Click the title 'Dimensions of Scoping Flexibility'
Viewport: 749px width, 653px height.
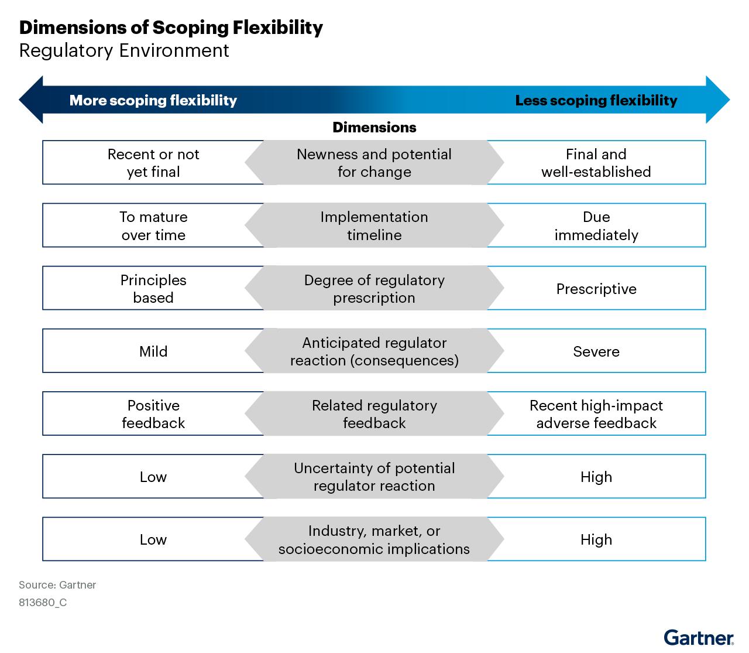point(171,28)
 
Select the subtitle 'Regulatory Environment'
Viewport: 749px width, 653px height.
point(124,51)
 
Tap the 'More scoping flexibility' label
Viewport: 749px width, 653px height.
point(153,101)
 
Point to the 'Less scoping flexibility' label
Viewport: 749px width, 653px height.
point(596,101)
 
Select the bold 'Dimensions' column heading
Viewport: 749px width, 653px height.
point(374,128)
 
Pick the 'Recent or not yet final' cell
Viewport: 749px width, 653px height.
point(153,163)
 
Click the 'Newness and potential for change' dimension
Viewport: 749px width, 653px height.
point(374,163)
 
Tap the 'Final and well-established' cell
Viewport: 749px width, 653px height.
point(596,163)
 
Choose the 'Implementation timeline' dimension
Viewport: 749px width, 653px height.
point(374,225)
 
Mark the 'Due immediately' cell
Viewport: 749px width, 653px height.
point(596,225)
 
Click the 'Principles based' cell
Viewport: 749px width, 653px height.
point(153,288)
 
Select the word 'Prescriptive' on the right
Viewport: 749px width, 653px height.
point(596,289)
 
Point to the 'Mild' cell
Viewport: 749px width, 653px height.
point(153,351)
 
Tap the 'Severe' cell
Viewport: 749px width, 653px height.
point(596,351)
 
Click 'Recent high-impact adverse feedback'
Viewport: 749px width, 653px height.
point(596,414)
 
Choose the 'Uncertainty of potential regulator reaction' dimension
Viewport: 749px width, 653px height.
point(374,477)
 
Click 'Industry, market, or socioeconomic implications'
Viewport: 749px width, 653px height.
point(374,539)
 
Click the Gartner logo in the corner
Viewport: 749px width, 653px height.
point(698,637)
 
